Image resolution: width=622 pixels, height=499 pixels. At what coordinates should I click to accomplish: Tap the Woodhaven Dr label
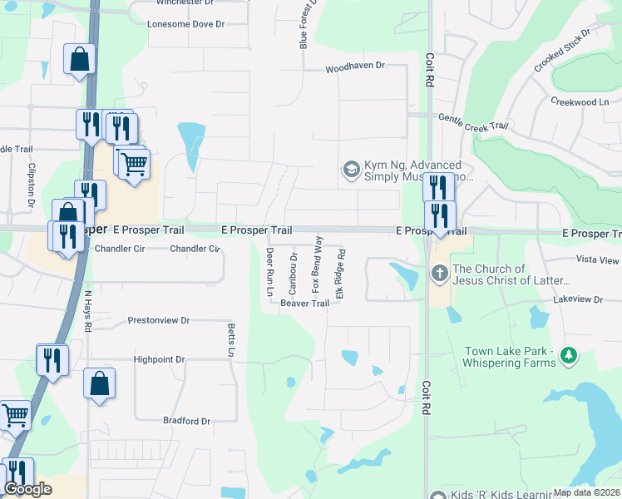pyautogui.click(x=355, y=66)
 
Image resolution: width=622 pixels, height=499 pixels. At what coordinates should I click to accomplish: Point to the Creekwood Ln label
pyautogui.click(x=579, y=101)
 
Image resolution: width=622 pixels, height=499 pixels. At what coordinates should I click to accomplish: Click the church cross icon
pyautogui.click(x=440, y=272)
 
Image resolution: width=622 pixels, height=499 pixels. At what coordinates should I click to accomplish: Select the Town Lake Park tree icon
pyautogui.click(x=569, y=355)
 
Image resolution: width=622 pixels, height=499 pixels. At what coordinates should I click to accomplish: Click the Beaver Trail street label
pyautogui.click(x=304, y=304)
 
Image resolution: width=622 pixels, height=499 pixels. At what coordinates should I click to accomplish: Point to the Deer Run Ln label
pyautogui.click(x=269, y=272)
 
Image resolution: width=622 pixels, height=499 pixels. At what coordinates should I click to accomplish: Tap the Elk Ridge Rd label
pyautogui.click(x=339, y=274)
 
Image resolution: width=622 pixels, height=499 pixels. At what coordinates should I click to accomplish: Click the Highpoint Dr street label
pyautogui.click(x=159, y=359)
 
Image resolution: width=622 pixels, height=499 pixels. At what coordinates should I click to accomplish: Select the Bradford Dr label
pyautogui.click(x=186, y=421)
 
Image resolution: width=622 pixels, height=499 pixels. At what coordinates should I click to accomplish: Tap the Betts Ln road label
pyautogui.click(x=231, y=341)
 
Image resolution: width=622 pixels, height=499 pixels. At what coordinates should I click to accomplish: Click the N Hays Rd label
pyautogui.click(x=87, y=311)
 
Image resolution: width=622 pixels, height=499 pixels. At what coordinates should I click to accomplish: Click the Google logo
pyautogui.click(x=27, y=489)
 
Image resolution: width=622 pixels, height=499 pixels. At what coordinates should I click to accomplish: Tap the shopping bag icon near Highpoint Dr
pyautogui.click(x=99, y=383)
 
